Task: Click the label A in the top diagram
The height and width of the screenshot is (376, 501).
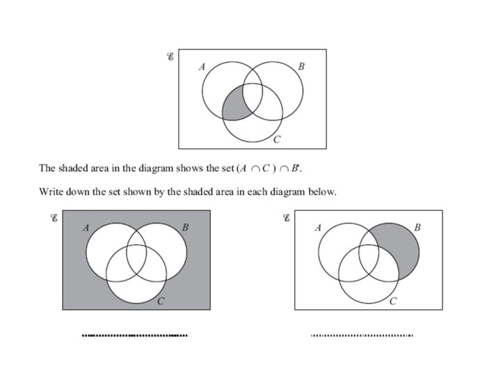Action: click(202, 67)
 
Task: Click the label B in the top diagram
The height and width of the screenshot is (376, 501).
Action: click(301, 67)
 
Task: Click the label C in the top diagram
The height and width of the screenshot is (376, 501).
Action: click(276, 140)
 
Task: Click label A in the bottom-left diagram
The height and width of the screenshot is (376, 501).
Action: click(86, 228)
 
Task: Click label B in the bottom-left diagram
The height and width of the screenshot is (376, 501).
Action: click(185, 228)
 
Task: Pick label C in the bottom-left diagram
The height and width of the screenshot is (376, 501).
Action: click(161, 301)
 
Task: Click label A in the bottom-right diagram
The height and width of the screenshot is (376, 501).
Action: click(318, 228)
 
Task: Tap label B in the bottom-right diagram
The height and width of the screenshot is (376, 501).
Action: click(417, 228)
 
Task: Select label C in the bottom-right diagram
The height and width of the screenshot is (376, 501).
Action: click(393, 301)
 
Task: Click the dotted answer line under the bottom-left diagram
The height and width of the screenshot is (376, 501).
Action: click(134, 336)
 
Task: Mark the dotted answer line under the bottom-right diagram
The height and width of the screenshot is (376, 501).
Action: click(362, 336)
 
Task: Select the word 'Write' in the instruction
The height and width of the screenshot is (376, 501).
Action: click(51, 191)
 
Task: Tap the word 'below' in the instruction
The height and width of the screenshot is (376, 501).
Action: click(321, 191)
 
